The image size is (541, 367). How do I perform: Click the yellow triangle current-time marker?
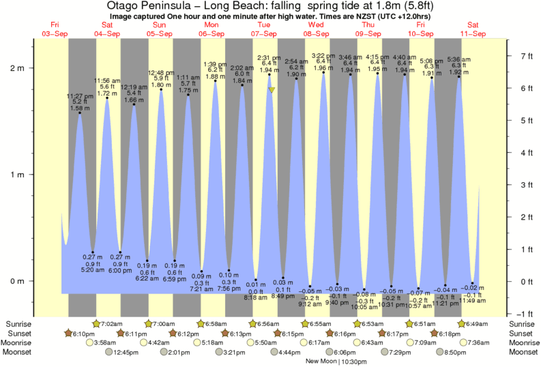point(272,89)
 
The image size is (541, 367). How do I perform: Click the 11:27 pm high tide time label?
point(80,96)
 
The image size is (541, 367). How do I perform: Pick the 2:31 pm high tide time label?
point(269,57)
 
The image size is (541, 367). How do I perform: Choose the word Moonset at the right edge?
point(523,352)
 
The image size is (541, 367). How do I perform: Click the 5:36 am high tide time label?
point(458,59)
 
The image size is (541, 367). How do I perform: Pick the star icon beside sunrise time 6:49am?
point(462,323)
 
